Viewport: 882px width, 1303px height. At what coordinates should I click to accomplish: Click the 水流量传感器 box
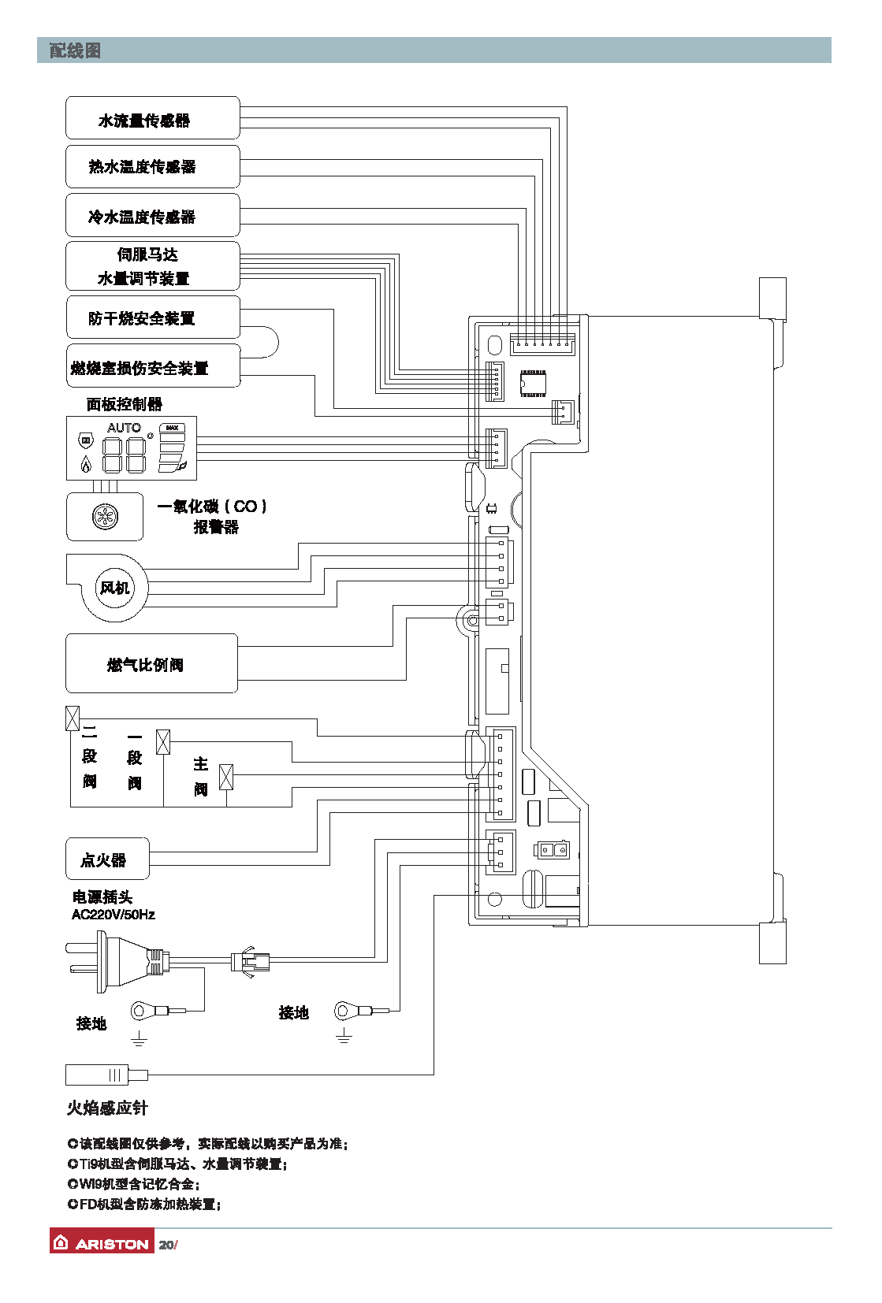(x=152, y=118)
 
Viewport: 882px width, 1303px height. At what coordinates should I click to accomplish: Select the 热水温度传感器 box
(x=152, y=166)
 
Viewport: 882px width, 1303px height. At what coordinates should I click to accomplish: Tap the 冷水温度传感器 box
(x=152, y=215)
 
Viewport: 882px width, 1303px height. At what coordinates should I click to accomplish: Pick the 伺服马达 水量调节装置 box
(x=152, y=266)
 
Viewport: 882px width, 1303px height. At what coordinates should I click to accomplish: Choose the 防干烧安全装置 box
(x=152, y=317)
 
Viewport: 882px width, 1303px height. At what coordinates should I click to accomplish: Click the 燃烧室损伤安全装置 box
(x=152, y=366)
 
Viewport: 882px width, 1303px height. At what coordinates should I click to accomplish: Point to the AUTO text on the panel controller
(x=124, y=428)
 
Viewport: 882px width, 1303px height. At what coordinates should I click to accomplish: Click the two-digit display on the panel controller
(x=125, y=455)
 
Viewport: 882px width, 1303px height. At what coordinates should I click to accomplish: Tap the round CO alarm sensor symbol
(x=105, y=517)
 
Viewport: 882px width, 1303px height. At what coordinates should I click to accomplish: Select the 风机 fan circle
(x=115, y=588)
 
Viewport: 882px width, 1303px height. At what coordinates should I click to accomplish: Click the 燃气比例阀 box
(x=151, y=664)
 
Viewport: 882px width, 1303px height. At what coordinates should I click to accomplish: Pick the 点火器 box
(x=107, y=859)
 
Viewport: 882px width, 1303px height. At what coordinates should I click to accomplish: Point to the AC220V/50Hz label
(x=114, y=915)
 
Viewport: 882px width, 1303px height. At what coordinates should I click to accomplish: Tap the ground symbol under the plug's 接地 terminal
(x=139, y=1039)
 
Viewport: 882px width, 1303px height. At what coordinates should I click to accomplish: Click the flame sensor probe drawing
(x=106, y=1075)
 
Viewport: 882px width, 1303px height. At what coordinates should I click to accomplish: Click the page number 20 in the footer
(x=166, y=1245)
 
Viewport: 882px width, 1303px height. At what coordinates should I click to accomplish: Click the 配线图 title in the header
(x=75, y=50)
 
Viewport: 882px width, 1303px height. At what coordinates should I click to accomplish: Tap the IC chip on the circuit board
(x=533, y=384)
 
